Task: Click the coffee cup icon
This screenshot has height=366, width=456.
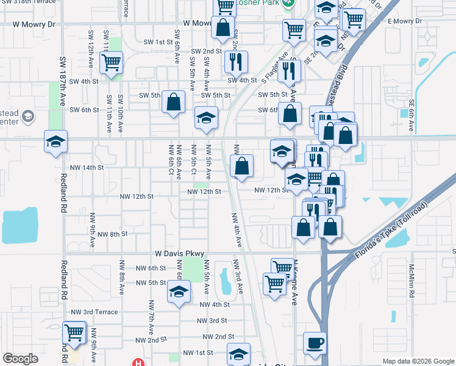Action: [x=315, y=343]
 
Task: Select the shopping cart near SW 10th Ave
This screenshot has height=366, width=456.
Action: [x=112, y=62]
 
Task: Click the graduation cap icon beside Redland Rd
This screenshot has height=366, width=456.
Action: [x=56, y=142]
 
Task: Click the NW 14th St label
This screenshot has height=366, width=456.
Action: [x=85, y=167]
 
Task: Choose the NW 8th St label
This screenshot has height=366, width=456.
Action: [x=110, y=234]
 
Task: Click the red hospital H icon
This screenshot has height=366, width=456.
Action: [x=139, y=362]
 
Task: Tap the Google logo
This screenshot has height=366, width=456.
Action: [x=20, y=359]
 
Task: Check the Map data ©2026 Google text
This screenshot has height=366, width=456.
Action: [x=418, y=361]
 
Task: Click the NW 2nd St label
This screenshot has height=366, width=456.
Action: [x=219, y=337]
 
